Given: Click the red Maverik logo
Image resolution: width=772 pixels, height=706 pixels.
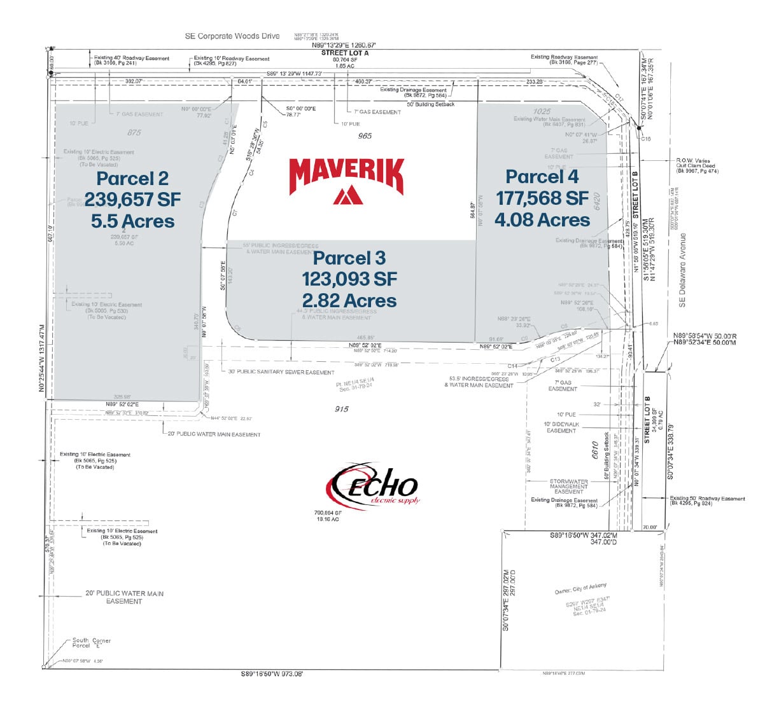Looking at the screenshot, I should click(x=346, y=181).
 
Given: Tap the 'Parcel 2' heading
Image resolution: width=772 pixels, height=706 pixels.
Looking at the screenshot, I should click(x=132, y=179).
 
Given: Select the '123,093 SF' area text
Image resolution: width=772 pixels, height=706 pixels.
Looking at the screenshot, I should click(x=349, y=279).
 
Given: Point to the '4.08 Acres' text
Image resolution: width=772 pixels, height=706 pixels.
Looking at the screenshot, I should click(x=542, y=220).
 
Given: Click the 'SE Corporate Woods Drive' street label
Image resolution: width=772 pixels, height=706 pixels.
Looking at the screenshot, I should click(x=232, y=36).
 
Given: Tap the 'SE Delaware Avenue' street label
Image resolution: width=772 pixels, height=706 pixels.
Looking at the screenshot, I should click(x=683, y=270).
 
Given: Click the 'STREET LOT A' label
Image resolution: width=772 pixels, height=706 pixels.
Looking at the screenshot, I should click(x=344, y=53).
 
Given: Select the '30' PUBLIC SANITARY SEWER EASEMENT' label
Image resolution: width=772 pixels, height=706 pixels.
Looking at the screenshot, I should click(x=281, y=372).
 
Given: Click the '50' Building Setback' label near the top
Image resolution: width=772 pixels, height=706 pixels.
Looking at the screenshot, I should click(x=430, y=104).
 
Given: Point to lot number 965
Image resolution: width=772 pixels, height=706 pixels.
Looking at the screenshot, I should click(x=365, y=135).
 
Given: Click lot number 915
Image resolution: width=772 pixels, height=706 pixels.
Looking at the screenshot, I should click(x=341, y=409).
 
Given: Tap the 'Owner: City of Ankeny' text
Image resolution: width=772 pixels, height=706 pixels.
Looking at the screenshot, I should click(x=580, y=589).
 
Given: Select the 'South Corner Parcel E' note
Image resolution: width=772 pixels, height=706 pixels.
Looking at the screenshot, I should click(x=92, y=643).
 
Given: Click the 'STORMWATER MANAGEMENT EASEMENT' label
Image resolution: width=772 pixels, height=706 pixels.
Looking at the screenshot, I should click(x=568, y=487).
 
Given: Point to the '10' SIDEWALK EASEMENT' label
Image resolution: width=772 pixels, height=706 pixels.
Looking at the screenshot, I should click(x=561, y=427).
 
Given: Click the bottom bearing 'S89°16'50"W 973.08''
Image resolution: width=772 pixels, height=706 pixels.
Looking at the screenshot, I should click(x=272, y=674).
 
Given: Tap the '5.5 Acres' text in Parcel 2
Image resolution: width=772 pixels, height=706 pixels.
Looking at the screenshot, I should click(x=132, y=221).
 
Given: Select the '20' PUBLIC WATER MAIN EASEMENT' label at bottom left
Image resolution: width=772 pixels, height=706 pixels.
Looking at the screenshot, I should click(x=125, y=597).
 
